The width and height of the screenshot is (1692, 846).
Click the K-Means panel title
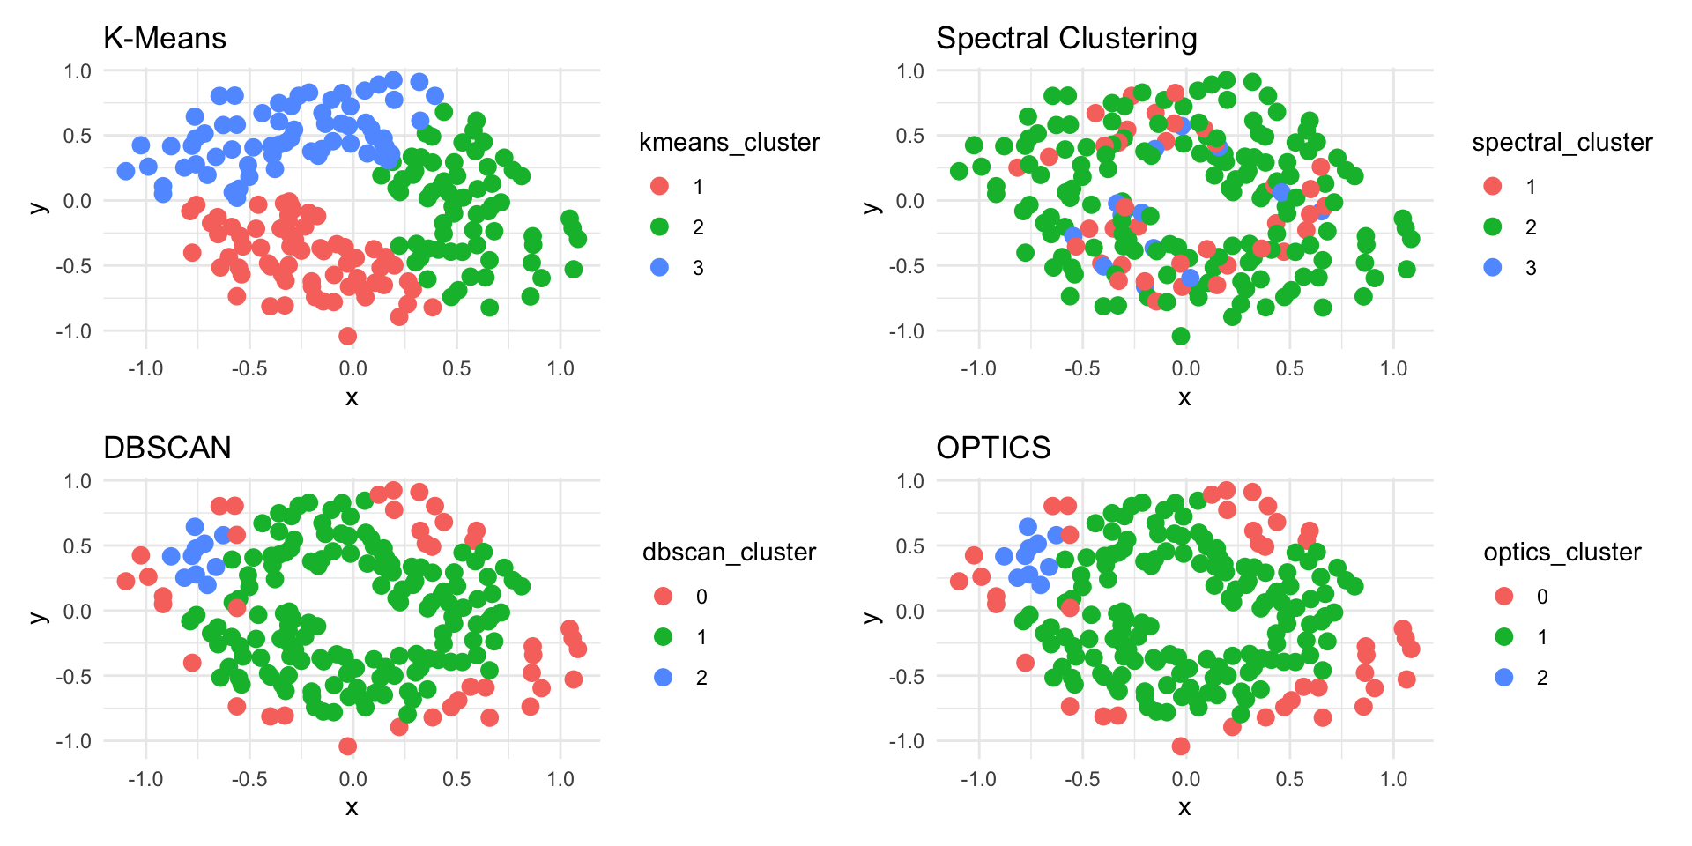coord(165,39)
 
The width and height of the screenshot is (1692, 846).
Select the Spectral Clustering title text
coord(1066,39)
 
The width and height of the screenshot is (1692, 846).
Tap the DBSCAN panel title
coord(167,449)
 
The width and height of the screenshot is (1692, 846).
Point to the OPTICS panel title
coord(993,449)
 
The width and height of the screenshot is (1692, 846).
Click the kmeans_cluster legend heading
coord(730,143)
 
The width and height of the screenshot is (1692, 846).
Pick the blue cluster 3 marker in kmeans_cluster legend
coord(659,267)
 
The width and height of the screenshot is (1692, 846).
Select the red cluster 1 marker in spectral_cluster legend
coord(1492,186)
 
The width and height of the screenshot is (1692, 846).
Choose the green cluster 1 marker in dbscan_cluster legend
coord(663,637)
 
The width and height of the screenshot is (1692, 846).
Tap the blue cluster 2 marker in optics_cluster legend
coord(1504,678)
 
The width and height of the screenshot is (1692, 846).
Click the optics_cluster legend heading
coord(1562,553)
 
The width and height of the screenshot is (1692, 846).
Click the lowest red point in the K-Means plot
coord(348,336)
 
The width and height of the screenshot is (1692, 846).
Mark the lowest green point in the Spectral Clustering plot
coord(1181,336)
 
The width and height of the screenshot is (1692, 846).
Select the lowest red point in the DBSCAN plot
coord(348,746)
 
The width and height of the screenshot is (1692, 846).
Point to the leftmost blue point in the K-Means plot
coord(126,171)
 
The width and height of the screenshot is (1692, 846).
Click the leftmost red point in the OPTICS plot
coord(959,581)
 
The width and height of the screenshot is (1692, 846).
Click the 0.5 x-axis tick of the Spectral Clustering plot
coord(1289,368)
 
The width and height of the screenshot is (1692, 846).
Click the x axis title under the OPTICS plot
coord(1184,807)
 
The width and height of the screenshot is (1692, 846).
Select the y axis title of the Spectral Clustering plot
coord(872,207)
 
